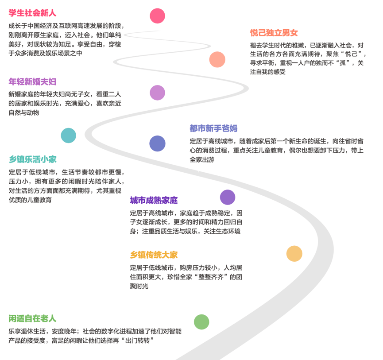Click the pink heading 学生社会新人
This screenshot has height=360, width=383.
(32, 13)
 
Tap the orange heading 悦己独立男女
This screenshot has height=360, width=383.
(274, 32)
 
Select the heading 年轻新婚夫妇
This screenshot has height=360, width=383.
(32, 81)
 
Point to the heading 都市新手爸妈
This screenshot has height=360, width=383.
(213, 128)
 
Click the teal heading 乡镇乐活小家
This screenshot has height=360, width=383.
(33, 159)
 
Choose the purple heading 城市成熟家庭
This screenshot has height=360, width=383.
(154, 200)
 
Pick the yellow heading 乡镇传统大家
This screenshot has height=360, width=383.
(154, 255)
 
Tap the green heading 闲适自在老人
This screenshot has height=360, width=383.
(32, 318)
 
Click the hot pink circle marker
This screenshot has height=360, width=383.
(157, 16)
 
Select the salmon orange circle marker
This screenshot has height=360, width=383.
(217, 60)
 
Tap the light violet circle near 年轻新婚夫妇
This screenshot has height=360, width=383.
(157, 93)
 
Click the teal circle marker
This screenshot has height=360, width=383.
(68, 135)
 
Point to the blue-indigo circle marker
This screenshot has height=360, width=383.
(157, 143)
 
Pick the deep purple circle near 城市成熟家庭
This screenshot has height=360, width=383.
(228, 197)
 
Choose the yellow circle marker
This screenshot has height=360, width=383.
(294, 254)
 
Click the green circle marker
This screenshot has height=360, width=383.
(201, 322)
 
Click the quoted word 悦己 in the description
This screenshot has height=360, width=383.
(351, 54)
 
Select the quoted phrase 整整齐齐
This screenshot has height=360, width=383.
(211, 277)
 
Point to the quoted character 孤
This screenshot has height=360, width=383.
(343, 63)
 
